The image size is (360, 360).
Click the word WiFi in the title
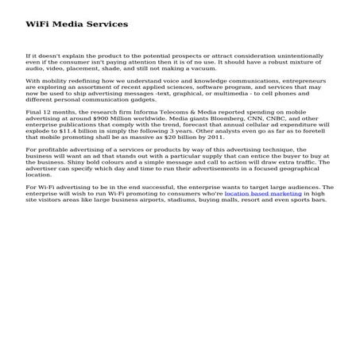point(37,25)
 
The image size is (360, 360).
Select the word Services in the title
point(106,25)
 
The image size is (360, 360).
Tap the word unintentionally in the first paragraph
point(296,56)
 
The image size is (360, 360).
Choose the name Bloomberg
point(215,120)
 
